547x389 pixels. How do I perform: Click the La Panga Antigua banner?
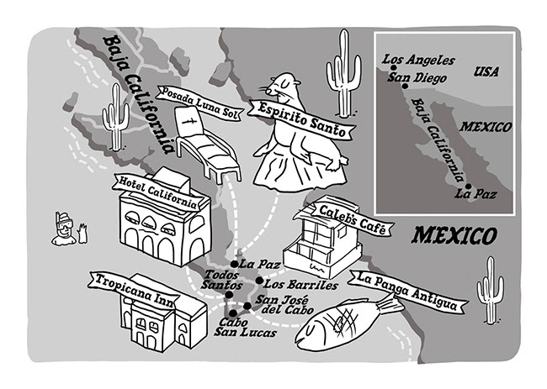[407, 291]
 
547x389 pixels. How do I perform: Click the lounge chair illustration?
[207, 144]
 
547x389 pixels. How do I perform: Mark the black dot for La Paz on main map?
[234, 264]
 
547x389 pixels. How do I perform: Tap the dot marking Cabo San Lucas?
[232, 313]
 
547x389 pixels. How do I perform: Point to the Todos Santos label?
[221, 281]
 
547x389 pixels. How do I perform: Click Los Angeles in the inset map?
[418, 60]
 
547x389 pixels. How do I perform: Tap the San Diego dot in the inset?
[405, 86]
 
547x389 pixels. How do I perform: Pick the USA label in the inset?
[486, 71]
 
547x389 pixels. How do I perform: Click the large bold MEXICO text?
[453, 235]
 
